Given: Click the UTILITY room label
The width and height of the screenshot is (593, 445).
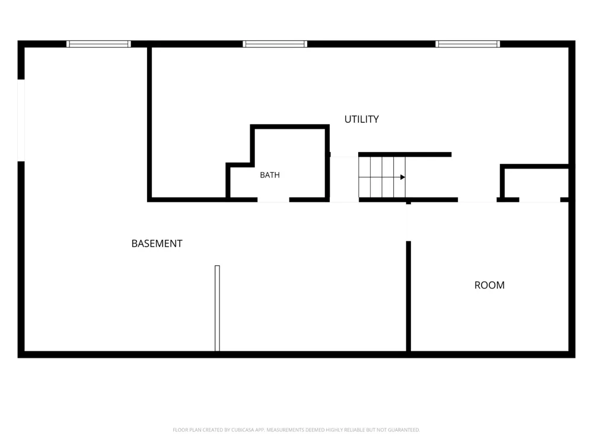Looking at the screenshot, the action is pos(361,119).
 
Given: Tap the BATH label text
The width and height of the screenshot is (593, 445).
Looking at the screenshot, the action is pos(270,175).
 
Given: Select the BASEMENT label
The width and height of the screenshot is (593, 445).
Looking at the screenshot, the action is pos(157,243).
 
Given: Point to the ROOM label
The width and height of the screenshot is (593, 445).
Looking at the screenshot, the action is pos(489,285).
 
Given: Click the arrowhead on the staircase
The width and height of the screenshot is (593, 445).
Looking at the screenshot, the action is pos(403,177).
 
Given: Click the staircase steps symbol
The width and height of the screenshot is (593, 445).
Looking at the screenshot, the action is pos(382,177).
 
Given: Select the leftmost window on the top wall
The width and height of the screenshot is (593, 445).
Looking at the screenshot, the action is pos(98,44).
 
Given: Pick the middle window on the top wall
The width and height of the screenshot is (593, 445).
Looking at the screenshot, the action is pos(275,44).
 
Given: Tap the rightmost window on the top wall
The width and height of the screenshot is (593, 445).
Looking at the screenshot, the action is pos(467,44).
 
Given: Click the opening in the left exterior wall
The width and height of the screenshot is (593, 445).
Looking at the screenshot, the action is pos(21,120).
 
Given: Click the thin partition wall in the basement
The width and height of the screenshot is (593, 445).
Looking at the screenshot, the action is pos(217,308).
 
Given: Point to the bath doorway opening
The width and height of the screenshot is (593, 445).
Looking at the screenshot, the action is pos(273,200).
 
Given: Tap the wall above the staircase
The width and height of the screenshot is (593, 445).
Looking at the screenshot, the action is pos(404,154).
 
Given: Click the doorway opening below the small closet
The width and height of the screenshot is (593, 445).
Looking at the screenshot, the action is pos(540,200).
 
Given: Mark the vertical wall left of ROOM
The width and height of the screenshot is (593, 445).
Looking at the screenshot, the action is pos(409,296).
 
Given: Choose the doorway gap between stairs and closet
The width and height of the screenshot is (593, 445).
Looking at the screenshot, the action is pos(477,200).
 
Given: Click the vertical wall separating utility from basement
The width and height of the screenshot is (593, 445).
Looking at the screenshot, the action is pos(149,123).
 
